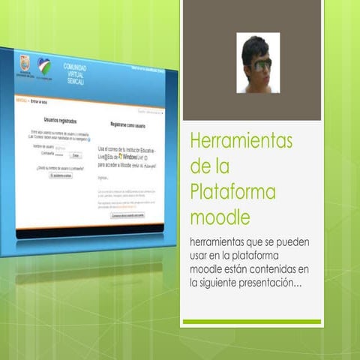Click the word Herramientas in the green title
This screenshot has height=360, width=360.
pos(241,141)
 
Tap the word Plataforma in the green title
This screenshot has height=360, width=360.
pos(233,192)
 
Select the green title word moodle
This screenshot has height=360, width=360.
pos(220,217)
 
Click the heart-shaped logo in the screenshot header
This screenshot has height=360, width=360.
pos(45,67)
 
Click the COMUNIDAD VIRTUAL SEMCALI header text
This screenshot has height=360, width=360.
pos(75,73)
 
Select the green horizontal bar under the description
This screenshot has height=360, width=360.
pos(251,322)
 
